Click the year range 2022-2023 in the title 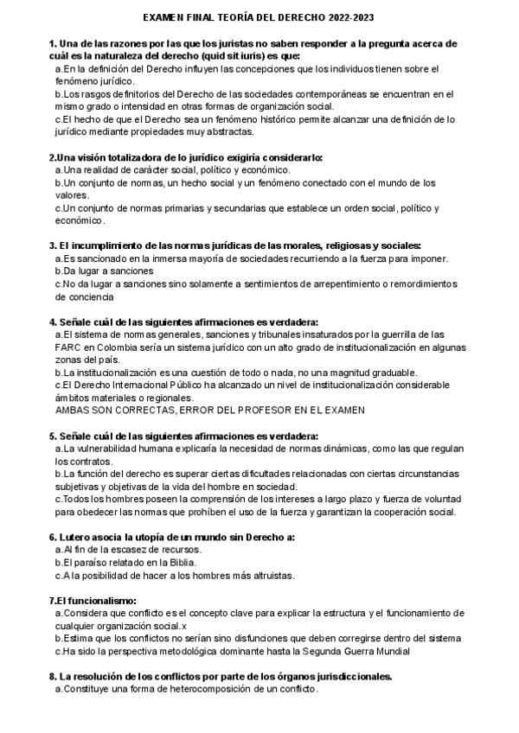coord(349,17)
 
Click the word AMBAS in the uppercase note coord(74,410)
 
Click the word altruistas coord(267,576)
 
